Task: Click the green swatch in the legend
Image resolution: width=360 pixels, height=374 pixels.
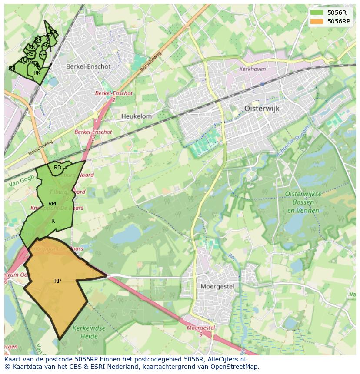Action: pyautogui.click(x=317, y=13)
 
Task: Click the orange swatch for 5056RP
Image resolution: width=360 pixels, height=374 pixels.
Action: pyautogui.click(x=317, y=21)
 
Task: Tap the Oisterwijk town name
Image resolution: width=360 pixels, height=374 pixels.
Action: pyautogui.click(x=262, y=109)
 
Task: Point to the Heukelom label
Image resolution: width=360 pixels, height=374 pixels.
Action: pyautogui.click(x=137, y=116)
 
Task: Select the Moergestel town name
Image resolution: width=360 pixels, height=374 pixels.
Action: pyautogui.click(x=217, y=287)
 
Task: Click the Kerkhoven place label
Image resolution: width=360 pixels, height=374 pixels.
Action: pyautogui.click(x=252, y=69)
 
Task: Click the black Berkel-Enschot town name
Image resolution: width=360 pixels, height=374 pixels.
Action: pyautogui.click(x=88, y=66)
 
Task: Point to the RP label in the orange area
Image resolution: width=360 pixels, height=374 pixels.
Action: pyautogui.click(x=57, y=281)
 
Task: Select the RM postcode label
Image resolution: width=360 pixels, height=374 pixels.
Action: pyautogui.click(x=52, y=204)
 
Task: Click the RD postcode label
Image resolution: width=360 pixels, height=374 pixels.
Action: pyautogui.click(x=57, y=168)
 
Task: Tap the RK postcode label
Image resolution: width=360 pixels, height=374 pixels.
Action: pyautogui.click(x=37, y=73)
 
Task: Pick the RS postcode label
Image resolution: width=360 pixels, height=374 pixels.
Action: pyautogui.click(x=30, y=54)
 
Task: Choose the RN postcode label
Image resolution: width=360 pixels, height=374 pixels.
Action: pyautogui.click(x=32, y=47)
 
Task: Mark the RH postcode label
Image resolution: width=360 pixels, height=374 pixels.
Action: pyautogui.click(x=43, y=55)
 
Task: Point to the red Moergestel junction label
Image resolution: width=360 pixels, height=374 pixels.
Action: pyautogui.click(x=201, y=328)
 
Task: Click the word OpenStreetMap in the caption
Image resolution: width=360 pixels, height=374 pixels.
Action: pyautogui.click(x=235, y=367)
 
